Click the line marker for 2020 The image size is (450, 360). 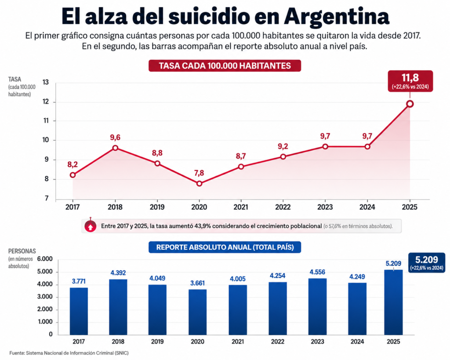[x=199, y=183]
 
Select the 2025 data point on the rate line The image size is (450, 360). [x=410, y=104]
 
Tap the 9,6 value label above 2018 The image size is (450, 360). [x=115, y=138]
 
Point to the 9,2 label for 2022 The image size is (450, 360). [x=283, y=146]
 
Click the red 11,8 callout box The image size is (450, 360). [x=410, y=81]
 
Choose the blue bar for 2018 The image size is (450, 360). [x=118, y=307]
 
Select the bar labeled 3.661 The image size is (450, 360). [x=197, y=312]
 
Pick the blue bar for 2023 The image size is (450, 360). [x=317, y=307]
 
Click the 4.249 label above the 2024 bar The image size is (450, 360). [x=357, y=277]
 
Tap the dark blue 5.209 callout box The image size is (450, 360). [x=426, y=263]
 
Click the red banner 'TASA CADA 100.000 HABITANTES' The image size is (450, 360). [x=225, y=66]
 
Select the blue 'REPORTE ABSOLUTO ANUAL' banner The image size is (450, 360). [x=225, y=247]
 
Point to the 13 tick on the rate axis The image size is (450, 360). [x=46, y=82]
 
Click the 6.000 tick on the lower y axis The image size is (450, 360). [x=45, y=259]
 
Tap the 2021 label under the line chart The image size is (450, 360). [x=241, y=207]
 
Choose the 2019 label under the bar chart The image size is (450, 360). [x=157, y=342]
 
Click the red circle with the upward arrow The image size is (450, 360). [x=91, y=226]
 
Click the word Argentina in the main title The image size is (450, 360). [x=337, y=16]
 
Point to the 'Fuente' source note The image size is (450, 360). [x=69, y=353]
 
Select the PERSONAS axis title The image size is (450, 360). [x=22, y=251]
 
